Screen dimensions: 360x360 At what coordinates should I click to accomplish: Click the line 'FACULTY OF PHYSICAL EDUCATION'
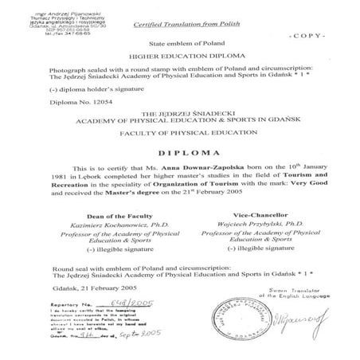click(x=178, y=133)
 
